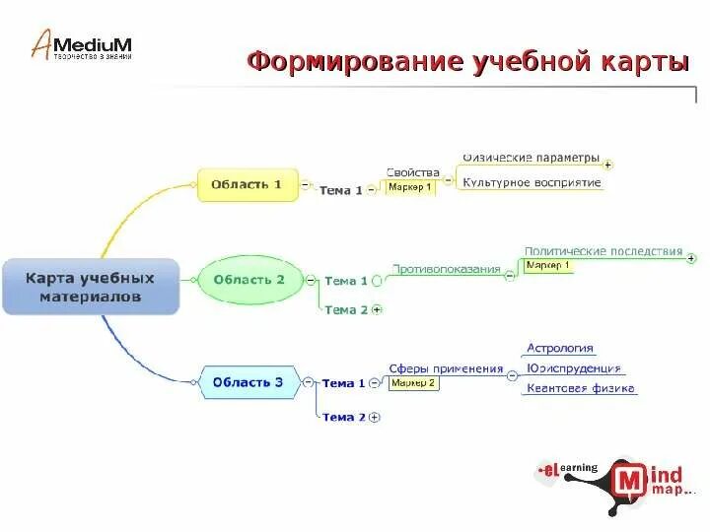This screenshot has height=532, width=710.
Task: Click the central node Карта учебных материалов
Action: pyautogui.click(x=91, y=287)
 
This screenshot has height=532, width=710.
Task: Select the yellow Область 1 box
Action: pyautogui.click(x=247, y=184)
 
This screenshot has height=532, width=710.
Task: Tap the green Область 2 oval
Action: pyautogui.click(x=248, y=280)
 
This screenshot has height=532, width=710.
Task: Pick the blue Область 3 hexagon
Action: pyautogui.click(x=249, y=382)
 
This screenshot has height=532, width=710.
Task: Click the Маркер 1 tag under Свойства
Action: pyautogui.click(x=409, y=187)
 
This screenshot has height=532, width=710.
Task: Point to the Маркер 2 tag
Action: pyautogui.click(x=413, y=383)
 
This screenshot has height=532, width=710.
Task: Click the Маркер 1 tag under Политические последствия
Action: pyautogui.click(x=547, y=266)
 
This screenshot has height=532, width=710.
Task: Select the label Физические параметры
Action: pyautogui.click(x=531, y=158)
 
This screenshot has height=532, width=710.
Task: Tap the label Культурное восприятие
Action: pyautogui.click(x=532, y=182)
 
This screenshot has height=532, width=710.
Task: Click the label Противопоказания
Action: pyautogui.click(x=447, y=268)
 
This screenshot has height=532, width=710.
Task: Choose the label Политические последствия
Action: pyautogui.click(x=603, y=251)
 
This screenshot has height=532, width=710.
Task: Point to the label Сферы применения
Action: pyautogui.click(x=446, y=368)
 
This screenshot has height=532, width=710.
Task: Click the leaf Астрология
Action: pyautogui.click(x=559, y=348)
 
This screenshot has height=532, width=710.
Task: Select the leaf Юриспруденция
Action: pyautogui.click(x=573, y=368)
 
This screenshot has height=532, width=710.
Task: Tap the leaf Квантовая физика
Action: pyautogui.click(x=580, y=388)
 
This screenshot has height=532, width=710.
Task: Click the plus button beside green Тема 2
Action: pyautogui.click(x=377, y=309)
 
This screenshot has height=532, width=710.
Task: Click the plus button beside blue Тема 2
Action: pyautogui.click(x=375, y=418)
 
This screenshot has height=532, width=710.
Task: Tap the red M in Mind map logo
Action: pyautogui.click(x=629, y=481)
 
